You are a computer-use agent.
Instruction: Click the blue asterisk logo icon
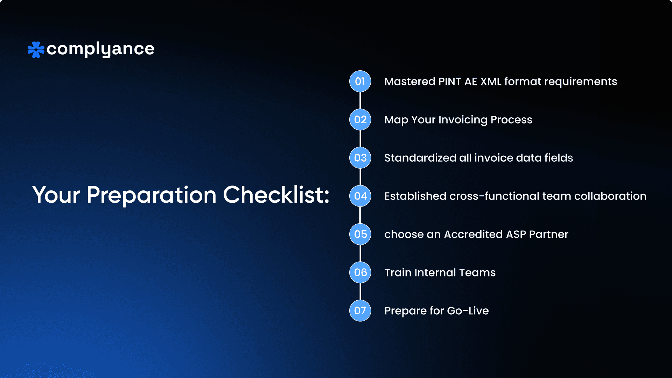tap(36, 50)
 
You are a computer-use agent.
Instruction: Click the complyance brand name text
tap(100, 49)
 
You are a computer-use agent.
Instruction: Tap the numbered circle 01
tap(360, 81)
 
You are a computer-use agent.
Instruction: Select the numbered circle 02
tap(360, 120)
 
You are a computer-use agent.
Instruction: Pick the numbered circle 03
tap(360, 158)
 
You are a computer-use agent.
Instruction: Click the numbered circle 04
tap(360, 196)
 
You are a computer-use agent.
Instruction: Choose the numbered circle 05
tap(360, 234)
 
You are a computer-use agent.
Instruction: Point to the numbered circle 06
tap(360, 272)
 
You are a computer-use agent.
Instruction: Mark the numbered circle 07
tap(360, 310)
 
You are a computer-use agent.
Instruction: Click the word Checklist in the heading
tap(276, 195)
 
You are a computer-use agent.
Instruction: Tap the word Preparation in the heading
tap(152, 195)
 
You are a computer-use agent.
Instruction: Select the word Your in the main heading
tap(56, 195)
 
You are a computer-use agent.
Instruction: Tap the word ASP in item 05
tap(516, 234)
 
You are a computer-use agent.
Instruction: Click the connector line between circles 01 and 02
tap(360, 100)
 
